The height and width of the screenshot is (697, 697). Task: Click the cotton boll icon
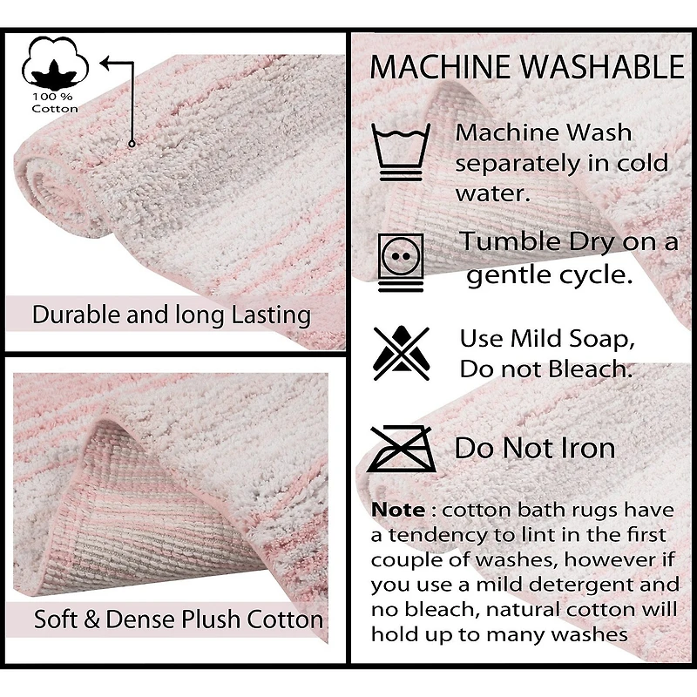(55, 61)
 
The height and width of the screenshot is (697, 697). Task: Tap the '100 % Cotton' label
(55, 103)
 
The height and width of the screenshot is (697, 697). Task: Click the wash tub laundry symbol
(401, 152)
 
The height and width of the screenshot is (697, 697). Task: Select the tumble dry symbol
(401, 262)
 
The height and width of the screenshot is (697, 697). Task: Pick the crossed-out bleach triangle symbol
(402, 353)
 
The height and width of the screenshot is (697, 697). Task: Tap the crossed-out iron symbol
(402, 448)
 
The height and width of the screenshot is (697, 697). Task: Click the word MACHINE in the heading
(440, 67)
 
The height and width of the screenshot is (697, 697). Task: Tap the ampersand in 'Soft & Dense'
(91, 619)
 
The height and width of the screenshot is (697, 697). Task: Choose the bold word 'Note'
(398, 510)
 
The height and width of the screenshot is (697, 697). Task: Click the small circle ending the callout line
(132, 144)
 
